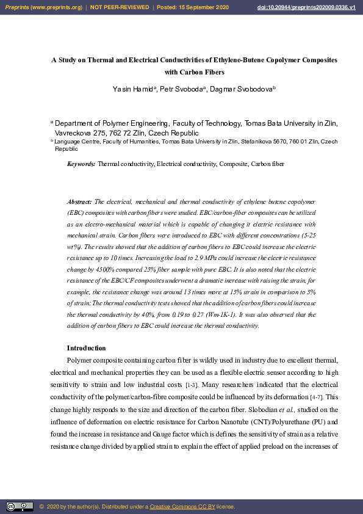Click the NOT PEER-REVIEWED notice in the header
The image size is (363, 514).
pos(120,7)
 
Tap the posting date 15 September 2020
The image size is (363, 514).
pos(202,7)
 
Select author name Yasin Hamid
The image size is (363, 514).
pos(134,89)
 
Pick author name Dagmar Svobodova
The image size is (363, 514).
pos(242,89)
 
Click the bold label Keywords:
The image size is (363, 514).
pos(81,164)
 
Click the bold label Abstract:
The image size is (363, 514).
pos(79,201)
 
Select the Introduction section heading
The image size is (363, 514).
pos(86,348)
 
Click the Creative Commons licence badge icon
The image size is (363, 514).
pos(20,507)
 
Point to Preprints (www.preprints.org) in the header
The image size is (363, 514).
pos(43,7)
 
